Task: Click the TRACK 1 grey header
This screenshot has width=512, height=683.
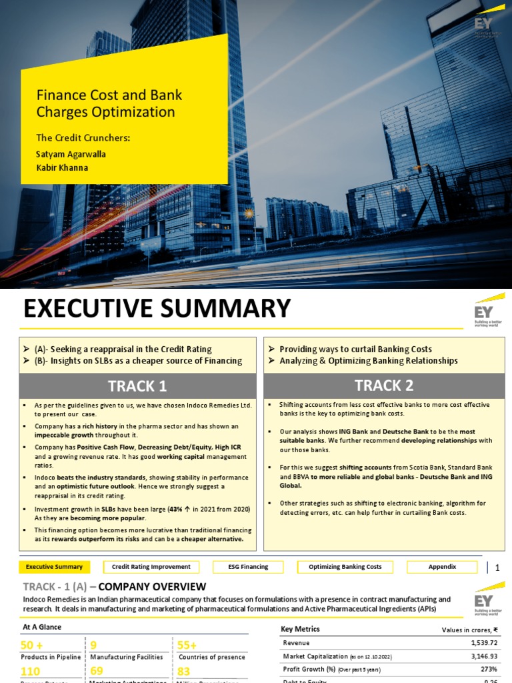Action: [x=137, y=386]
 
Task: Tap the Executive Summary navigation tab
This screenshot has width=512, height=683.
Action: [x=54, y=567]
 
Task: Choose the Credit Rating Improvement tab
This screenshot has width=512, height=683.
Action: [x=151, y=567]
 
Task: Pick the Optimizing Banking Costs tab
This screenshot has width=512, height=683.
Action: [x=345, y=567]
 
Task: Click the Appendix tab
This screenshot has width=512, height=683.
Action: [x=443, y=567]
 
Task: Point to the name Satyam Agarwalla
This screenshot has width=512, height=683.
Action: [x=71, y=154]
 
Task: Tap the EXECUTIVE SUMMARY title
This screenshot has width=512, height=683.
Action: [x=157, y=309]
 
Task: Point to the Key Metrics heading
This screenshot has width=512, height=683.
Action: [x=300, y=629]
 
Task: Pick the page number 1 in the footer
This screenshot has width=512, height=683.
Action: [x=497, y=568]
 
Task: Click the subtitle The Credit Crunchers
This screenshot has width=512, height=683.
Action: [x=83, y=138]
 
